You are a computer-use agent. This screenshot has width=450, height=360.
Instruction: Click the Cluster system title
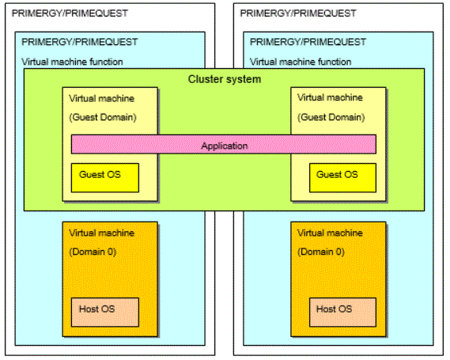tap(225, 79)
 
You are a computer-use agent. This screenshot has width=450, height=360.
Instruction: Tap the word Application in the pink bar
tap(225, 146)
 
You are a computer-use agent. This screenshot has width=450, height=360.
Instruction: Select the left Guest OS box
tap(105, 178)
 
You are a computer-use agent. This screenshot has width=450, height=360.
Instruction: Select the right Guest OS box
tap(342, 178)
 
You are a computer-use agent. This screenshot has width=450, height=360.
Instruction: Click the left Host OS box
tap(105, 312)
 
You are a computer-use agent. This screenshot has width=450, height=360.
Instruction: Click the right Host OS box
tap(342, 312)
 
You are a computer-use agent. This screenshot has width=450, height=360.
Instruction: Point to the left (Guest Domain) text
tap(103, 117)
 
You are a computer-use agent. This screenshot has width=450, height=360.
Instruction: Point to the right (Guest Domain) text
tap(331, 117)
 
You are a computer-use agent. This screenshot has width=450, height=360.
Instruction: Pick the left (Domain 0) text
tap(93, 252)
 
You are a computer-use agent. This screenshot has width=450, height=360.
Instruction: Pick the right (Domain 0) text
tap(321, 252)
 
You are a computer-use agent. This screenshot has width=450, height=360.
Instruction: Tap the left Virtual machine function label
tap(72, 62)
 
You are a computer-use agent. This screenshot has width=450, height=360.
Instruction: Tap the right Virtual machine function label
tap(301, 62)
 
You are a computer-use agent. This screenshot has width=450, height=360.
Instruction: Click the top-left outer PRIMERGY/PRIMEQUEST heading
tap(70, 13)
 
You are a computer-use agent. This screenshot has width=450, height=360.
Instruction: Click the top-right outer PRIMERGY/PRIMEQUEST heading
tap(298, 13)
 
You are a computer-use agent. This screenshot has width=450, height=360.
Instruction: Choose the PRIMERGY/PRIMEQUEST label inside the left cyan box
tap(80, 42)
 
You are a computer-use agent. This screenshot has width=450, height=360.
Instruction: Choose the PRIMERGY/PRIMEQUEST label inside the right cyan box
tap(308, 42)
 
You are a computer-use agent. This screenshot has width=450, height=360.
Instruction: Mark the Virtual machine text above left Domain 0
tap(101, 233)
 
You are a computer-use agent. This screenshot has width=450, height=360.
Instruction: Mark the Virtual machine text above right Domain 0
tap(330, 233)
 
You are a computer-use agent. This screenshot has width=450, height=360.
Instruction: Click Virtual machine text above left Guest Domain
tap(101, 98)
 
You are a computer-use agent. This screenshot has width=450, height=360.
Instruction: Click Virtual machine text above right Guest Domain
tap(330, 97)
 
